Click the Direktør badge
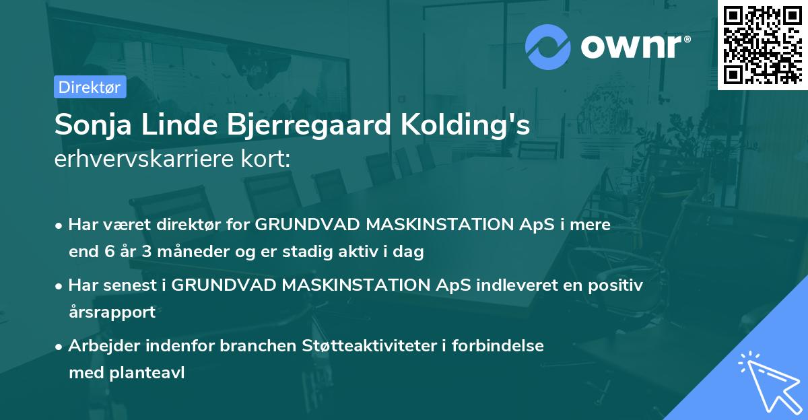(x=90, y=87)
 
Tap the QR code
(x=762, y=44)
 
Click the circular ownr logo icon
(x=548, y=46)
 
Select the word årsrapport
(x=112, y=312)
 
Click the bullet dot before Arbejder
(x=61, y=347)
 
